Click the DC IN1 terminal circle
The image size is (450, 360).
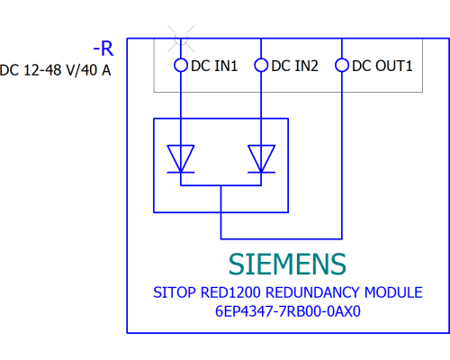pos(181,65)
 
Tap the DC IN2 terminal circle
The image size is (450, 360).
pos(261,65)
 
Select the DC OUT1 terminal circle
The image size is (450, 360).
pos(342,65)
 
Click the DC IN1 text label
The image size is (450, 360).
pos(214,66)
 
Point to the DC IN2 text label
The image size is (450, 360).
pos(294,66)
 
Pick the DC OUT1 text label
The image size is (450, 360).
pos(382,66)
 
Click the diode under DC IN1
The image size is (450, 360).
pos(181,159)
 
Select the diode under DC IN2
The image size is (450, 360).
pos(261,159)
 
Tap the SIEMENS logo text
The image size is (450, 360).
pos(287,264)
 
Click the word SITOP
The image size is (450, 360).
pos(175,292)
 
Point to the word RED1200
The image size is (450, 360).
pos(230,292)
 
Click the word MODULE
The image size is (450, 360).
pos(393,292)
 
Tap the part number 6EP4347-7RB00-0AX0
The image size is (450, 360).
pos(288,311)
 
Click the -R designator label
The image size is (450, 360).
pos(103,49)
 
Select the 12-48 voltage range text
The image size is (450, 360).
pos(43,70)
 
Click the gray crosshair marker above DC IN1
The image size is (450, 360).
pos(181,39)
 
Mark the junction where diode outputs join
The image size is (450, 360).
pos(220,185)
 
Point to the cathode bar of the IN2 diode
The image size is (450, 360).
pos(261,173)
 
